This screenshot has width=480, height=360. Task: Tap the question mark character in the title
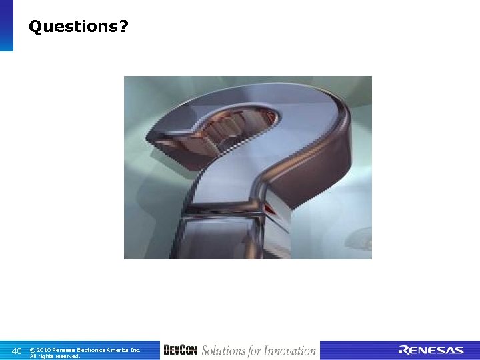125,27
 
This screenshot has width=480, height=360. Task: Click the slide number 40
17,351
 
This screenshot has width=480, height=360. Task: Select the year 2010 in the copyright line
44,349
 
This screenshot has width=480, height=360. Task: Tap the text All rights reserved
55,356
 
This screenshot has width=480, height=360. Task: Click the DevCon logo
180,350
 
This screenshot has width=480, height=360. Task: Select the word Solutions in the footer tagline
223,351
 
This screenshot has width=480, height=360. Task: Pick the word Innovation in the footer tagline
290,351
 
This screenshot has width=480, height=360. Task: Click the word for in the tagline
255,351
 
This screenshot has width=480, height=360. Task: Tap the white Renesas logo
431,351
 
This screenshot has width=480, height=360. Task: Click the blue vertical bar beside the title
6,25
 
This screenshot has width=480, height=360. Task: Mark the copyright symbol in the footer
33,349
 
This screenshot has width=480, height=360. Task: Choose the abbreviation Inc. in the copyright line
135,349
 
